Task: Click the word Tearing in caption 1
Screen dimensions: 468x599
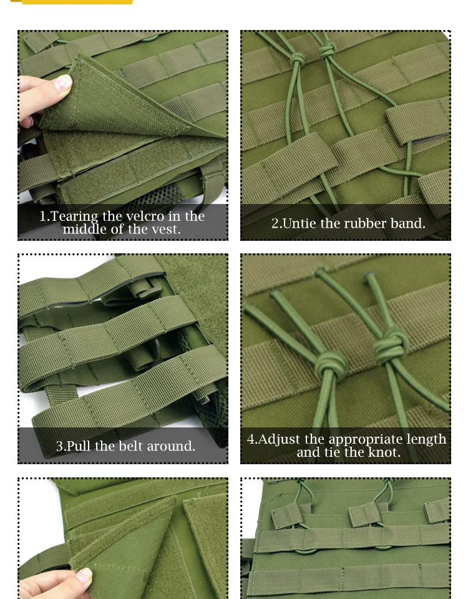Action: (x=74, y=217)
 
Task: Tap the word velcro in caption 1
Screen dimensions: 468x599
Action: (x=140, y=217)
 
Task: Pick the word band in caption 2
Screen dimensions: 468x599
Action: (x=407, y=223)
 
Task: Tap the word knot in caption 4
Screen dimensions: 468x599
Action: (x=384, y=452)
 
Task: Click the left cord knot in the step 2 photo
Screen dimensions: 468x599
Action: (x=298, y=60)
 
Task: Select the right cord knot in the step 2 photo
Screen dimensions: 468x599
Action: (x=327, y=50)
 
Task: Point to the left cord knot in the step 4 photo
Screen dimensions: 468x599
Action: (x=331, y=364)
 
